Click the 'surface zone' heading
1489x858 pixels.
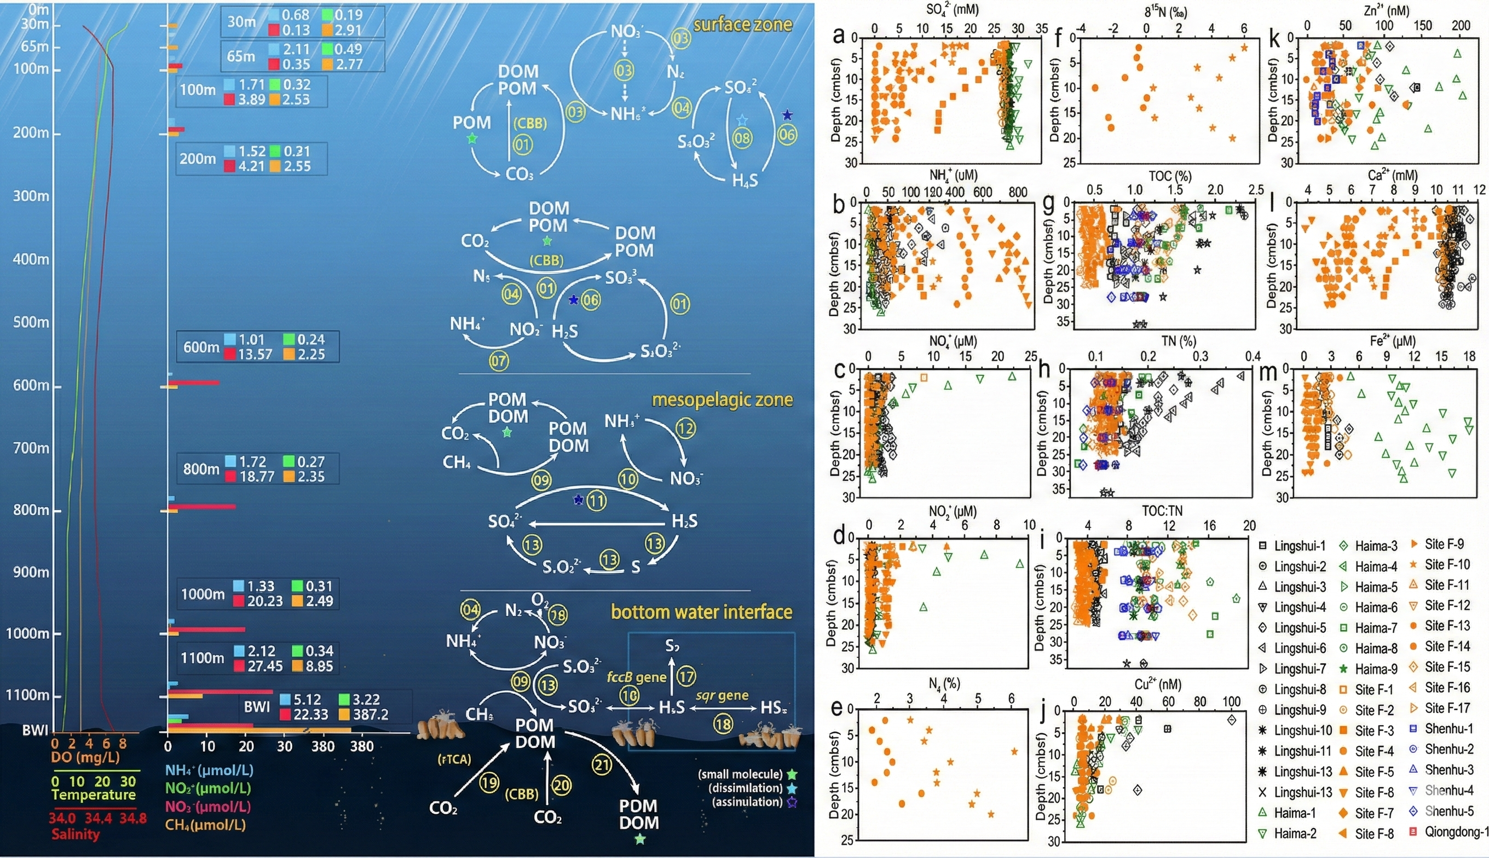click(742, 24)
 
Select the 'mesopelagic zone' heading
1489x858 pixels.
click(722, 399)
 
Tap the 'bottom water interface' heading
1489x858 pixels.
click(701, 612)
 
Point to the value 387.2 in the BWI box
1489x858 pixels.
click(371, 714)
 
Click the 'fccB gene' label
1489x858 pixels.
click(636, 677)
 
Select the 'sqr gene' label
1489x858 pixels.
click(722, 696)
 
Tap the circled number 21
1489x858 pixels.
click(602, 766)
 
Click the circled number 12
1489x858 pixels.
click(685, 428)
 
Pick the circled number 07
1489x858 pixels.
click(499, 361)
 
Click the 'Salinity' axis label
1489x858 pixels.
click(76, 834)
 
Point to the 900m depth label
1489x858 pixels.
click(31, 572)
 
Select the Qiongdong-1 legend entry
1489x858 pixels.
click(1457, 832)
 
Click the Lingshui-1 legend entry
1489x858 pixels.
click(1299, 546)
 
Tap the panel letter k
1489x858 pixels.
click(1274, 39)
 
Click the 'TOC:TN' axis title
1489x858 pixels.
click(1162, 511)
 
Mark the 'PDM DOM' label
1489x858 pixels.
click(638, 814)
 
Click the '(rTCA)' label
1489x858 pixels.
click(454, 760)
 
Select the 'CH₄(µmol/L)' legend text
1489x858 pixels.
click(205, 825)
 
